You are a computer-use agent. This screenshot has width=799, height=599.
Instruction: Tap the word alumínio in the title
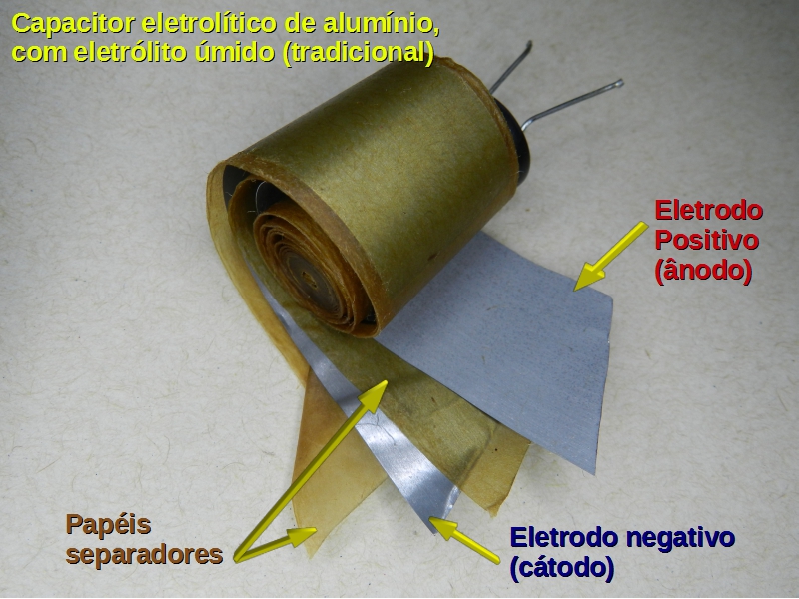395,23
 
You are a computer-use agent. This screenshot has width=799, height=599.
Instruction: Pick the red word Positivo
707,240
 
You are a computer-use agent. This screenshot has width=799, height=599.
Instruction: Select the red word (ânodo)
703,271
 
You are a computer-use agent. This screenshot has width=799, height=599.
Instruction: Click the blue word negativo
680,538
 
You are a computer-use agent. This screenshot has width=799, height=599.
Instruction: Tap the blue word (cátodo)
562,568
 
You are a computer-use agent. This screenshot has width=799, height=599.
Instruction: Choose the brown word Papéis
108,525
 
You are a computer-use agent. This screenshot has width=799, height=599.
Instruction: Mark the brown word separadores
144,555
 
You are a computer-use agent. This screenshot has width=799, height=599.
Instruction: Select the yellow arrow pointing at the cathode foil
464,540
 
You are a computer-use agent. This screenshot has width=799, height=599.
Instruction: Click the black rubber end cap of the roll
515,143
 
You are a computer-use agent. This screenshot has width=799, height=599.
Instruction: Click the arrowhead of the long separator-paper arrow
374,396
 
